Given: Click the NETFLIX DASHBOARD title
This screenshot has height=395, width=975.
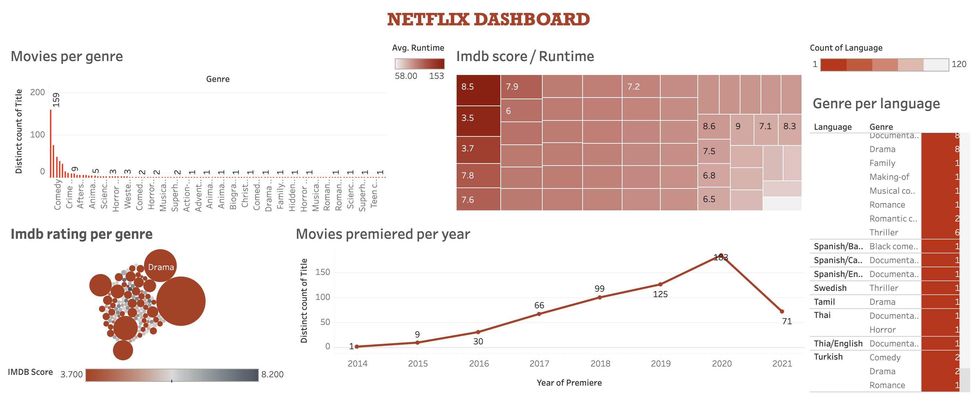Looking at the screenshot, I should click(488, 20).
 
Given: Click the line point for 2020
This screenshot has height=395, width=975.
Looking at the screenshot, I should click(721, 255).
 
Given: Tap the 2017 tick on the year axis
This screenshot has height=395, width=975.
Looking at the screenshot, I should click(539, 363).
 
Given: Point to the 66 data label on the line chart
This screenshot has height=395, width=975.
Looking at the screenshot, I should click(539, 305).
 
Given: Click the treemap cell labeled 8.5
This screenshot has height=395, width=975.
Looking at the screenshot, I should click(478, 90).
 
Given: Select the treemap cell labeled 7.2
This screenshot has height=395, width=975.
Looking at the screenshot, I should click(641, 86).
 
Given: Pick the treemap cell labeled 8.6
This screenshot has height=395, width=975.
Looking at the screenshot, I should click(713, 126).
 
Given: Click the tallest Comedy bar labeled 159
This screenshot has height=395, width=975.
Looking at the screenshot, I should click(51, 144).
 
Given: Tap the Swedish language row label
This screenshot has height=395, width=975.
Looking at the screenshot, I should click(830, 288).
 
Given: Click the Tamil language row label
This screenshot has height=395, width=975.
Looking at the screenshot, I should click(824, 302).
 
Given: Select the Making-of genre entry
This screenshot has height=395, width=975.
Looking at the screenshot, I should click(889, 177).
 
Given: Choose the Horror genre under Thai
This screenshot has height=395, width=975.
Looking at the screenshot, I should click(882, 330).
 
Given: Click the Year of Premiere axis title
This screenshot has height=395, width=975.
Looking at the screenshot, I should click(569, 383).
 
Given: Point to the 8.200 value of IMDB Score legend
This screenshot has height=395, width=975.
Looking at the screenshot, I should click(272, 375).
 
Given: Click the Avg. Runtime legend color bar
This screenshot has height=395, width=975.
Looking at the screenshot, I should click(419, 64).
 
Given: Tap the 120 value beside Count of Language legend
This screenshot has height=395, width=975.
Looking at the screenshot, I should click(959, 64).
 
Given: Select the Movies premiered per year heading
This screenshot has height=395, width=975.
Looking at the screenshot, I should click(383, 234).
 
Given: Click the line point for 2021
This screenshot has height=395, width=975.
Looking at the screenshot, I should click(782, 311).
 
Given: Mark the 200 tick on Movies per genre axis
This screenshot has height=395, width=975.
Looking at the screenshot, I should click(37, 92).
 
